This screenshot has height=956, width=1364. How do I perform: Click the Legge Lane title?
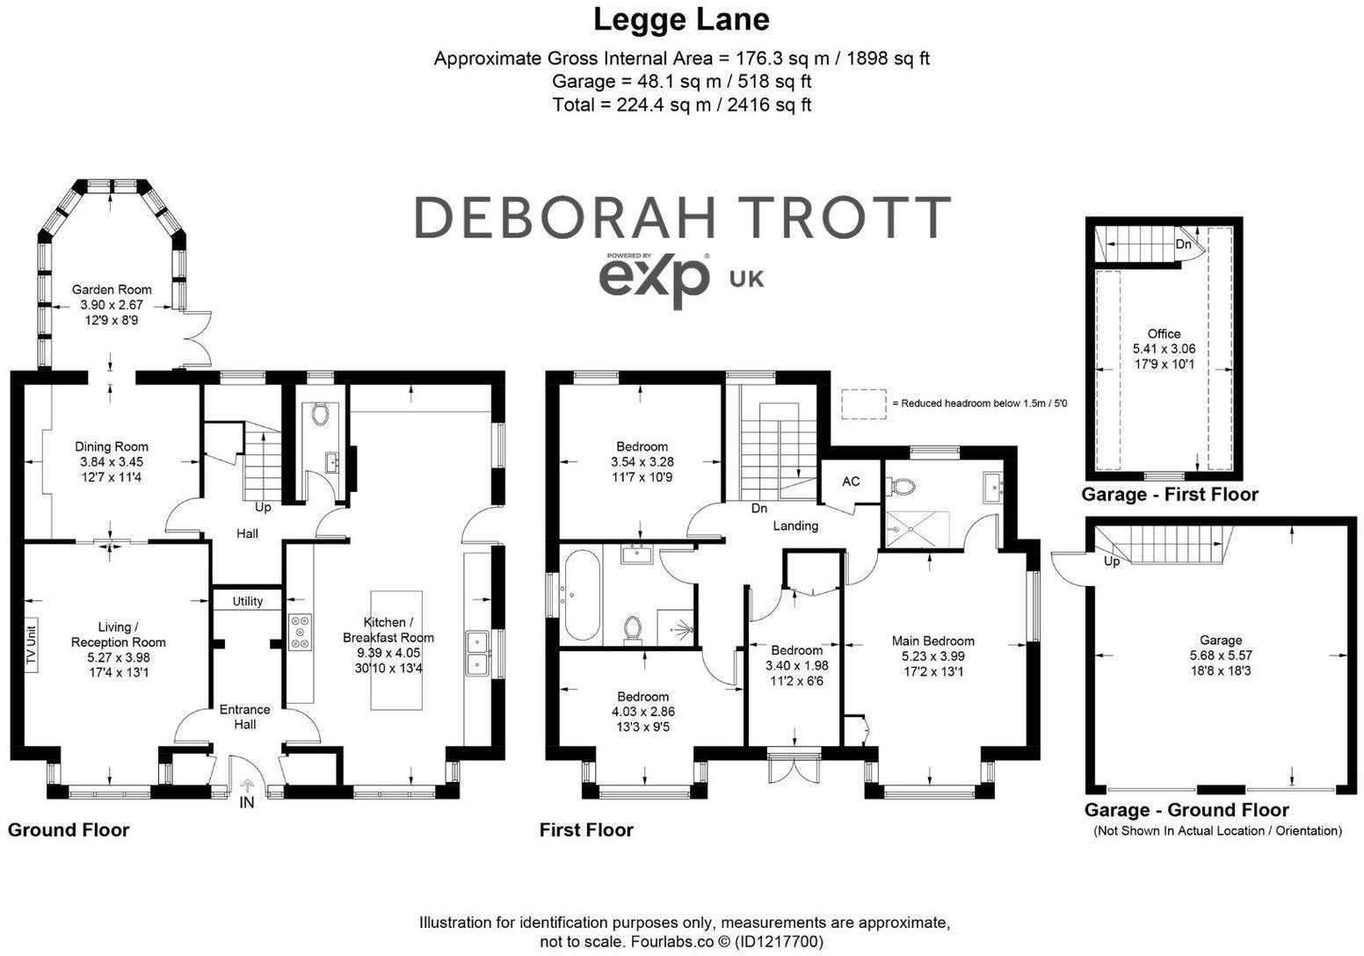coord(681,19)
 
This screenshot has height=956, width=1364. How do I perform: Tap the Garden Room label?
coord(111,289)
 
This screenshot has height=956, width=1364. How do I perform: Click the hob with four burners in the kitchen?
coord(301,631)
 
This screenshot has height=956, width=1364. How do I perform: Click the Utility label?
coord(248,601)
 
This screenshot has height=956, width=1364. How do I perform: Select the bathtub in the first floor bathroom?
coord(582,595)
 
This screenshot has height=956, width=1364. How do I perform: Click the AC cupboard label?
coord(851,482)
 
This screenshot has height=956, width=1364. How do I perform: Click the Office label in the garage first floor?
coord(1164,334)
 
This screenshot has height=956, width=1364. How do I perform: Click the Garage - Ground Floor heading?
coord(1186,810)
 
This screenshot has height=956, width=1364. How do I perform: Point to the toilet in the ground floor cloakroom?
coord(320,414)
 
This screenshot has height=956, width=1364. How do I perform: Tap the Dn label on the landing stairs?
coord(759,508)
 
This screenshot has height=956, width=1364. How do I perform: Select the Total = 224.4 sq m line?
coord(681,105)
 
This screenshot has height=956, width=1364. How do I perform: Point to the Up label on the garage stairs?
coord(1112,561)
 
